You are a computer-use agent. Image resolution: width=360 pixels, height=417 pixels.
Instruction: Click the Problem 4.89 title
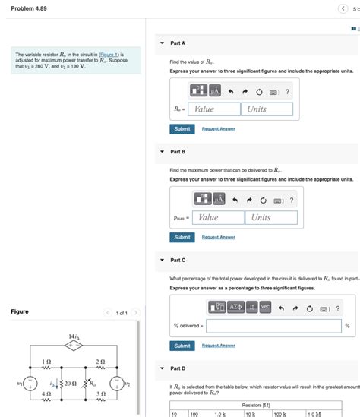(x=28, y=8)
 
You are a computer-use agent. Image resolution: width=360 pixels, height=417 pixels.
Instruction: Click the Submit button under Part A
(x=182, y=128)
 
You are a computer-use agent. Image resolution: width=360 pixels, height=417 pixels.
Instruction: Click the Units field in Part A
(x=267, y=109)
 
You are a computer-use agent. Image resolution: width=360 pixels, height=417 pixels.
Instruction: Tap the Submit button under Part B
(x=182, y=237)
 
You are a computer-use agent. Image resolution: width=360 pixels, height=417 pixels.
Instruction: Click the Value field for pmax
(x=219, y=217)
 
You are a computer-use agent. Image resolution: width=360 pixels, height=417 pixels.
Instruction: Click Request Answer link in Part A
(x=218, y=129)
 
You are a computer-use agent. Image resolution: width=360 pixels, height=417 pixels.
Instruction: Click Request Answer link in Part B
(x=218, y=238)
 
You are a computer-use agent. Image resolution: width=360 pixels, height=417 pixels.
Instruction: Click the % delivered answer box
(x=273, y=326)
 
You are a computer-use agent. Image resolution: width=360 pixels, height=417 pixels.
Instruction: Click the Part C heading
(x=178, y=261)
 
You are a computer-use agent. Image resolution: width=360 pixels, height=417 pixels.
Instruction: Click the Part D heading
(x=178, y=369)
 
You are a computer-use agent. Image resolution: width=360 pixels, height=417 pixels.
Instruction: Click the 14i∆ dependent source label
(x=74, y=336)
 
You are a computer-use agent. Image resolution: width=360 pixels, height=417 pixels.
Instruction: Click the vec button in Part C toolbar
(x=265, y=306)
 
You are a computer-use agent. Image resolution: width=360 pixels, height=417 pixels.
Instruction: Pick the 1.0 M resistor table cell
(x=315, y=414)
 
